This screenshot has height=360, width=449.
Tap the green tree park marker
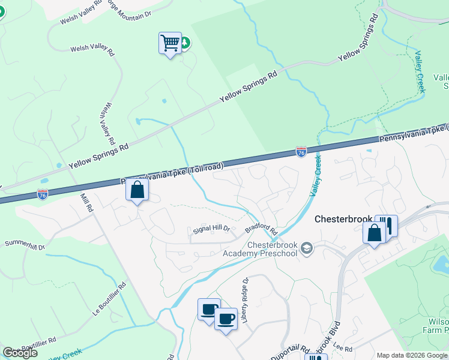tap(185, 43)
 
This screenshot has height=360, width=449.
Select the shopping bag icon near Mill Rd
tap(137, 190)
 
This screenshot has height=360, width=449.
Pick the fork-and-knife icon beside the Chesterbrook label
tap(387, 226)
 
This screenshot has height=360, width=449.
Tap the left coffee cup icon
tap(209, 309)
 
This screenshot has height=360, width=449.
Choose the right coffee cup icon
tap(226, 319)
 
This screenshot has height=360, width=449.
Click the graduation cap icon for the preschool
tap(307, 248)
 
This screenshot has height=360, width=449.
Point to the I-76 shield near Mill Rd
tap(42, 194)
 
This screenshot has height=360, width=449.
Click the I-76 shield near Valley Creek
tap(301, 152)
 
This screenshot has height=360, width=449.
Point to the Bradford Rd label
tap(261, 230)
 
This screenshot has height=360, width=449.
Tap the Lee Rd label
tap(343, 348)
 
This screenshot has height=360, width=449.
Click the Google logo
tap(20, 353)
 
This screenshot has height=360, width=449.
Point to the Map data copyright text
tap(412, 355)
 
